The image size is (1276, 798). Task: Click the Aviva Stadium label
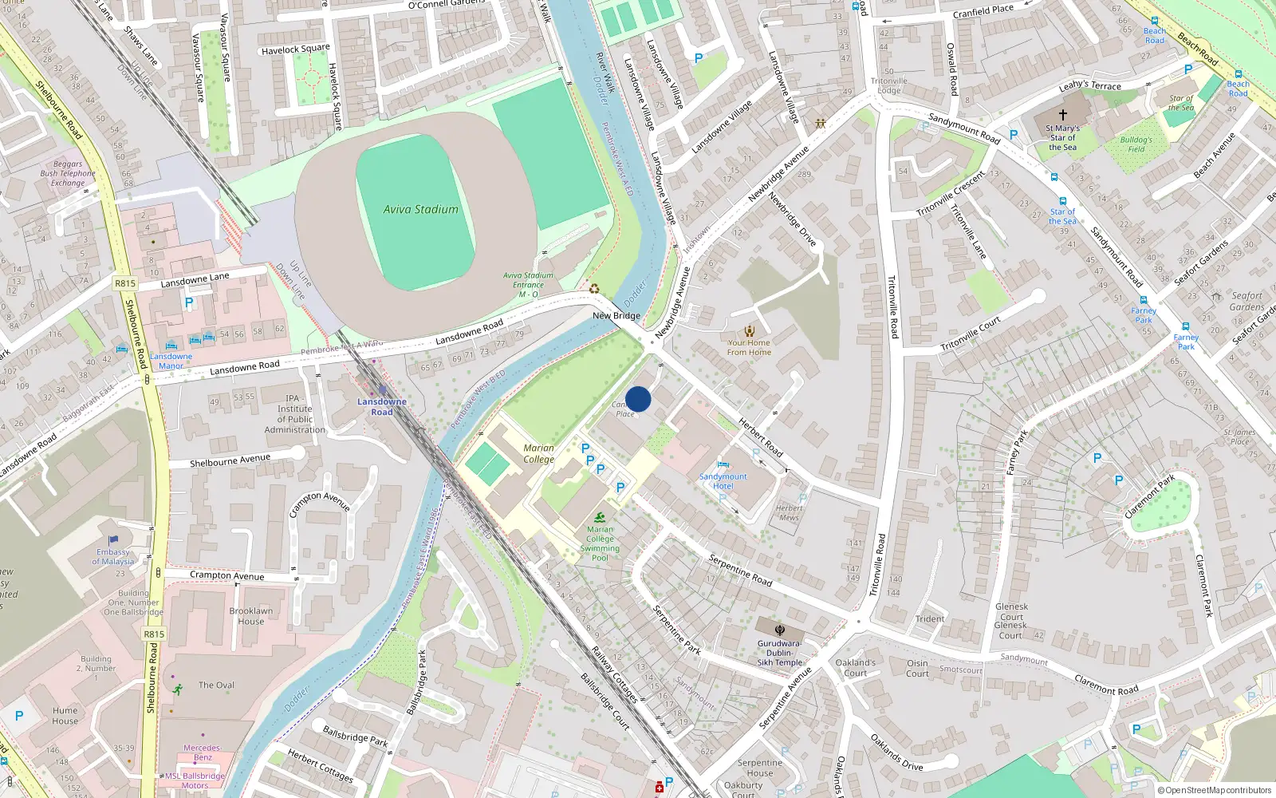[x=420, y=209]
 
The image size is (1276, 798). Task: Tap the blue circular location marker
[x=638, y=399]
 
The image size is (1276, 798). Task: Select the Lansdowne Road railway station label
[x=381, y=407]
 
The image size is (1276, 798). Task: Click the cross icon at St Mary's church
[x=1062, y=115]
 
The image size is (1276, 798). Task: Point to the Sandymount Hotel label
[x=723, y=481]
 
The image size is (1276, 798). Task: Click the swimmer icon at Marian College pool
[x=600, y=517]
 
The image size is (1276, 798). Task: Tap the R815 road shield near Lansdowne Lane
[x=125, y=283]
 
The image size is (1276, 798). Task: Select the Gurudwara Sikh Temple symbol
[x=779, y=630]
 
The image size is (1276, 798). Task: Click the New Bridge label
[x=616, y=316]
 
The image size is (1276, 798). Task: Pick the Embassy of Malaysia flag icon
[x=113, y=540]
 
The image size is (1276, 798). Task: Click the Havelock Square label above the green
[x=295, y=49]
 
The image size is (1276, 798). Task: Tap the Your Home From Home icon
[x=749, y=331]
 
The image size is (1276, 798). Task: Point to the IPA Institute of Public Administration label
[x=294, y=414]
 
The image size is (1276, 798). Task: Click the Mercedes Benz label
[x=202, y=753]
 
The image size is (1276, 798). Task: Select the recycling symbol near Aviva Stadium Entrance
[x=594, y=289]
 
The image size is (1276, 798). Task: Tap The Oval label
[x=216, y=685]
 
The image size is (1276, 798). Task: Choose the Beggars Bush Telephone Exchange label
[x=68, y=173]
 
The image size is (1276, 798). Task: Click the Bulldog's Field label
[x=1136, y=144]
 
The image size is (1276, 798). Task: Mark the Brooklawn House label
[x=250, y=616]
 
